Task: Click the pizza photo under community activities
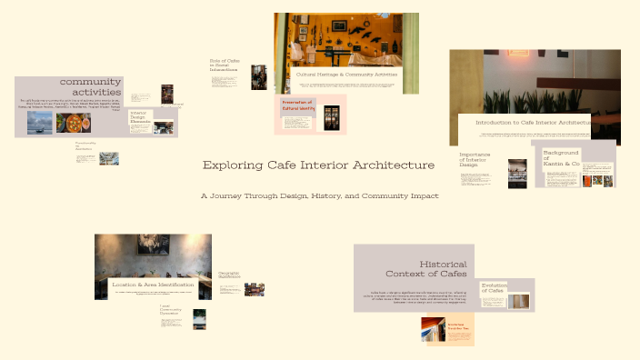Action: [x=68, y=124]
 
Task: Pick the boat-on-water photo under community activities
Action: [x=39, y=125]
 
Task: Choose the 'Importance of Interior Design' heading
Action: [x=477, y=160]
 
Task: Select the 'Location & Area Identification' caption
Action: [x=154, y=285]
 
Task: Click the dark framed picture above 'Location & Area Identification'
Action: [x=153, y=245]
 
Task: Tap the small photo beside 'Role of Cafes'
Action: [x=259, y=76]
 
